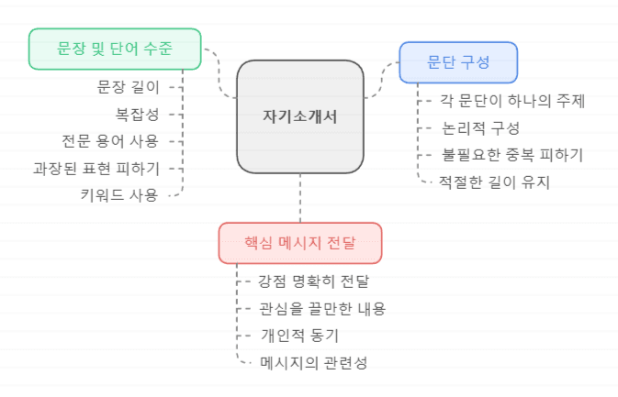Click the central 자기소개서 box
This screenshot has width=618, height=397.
300,116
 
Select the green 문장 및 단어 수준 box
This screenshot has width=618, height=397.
115,49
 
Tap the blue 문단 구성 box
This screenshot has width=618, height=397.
458,62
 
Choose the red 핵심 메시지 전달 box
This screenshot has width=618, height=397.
300,243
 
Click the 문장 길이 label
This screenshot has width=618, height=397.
128,87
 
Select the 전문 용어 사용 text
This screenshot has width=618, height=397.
109,140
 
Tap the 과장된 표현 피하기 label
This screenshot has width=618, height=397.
96,168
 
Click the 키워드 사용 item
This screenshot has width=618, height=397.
119,194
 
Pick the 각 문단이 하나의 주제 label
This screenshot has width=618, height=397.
512,100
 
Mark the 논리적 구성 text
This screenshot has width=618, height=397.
480,127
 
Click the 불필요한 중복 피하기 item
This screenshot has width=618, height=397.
512,154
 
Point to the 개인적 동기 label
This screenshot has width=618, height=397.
300,335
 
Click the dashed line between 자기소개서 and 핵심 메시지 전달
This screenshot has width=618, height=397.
300,197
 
